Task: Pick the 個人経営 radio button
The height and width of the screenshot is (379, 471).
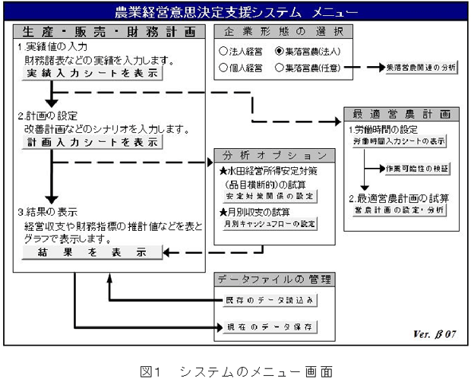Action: pos(223,68)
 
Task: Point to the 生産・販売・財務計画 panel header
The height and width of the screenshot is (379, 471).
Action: pos(108,33)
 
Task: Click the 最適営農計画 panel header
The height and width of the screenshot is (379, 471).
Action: pos(401,114)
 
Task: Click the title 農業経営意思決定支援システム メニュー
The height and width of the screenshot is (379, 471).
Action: pos(236,11)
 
